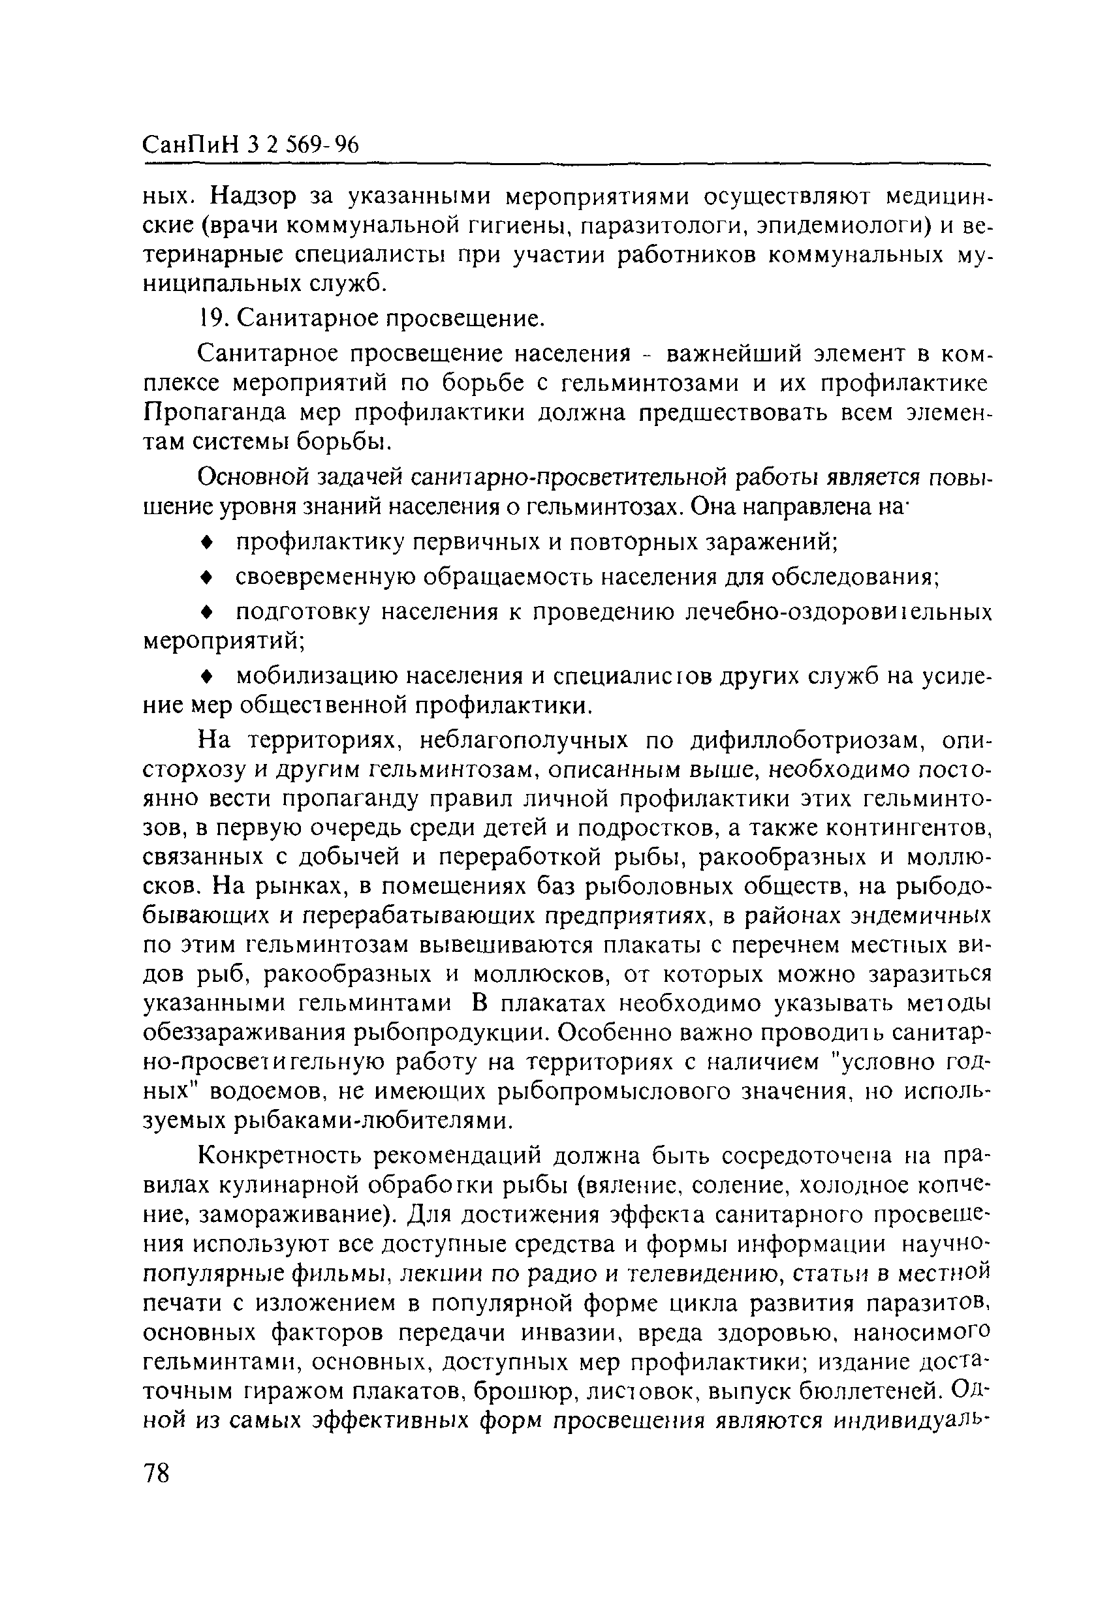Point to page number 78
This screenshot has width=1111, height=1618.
157,1473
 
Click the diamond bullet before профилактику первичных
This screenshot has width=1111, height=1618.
206,542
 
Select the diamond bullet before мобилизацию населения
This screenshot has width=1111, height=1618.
206,676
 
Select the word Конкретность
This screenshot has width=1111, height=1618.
281,1155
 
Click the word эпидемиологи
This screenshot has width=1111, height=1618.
830,226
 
